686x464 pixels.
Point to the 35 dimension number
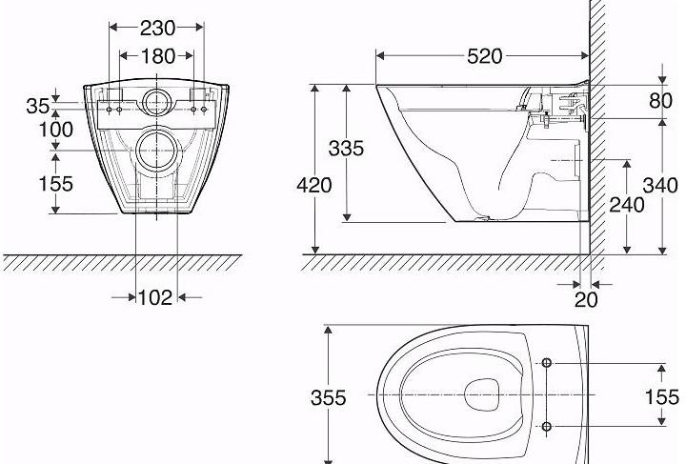38,106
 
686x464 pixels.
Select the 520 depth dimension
484,56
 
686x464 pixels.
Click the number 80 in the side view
660,100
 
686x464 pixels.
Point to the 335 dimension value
345,149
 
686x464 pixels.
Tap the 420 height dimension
313,185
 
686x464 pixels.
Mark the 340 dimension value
660,185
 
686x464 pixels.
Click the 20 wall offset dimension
587,300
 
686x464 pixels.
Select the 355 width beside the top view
329,397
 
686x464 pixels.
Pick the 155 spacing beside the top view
660,397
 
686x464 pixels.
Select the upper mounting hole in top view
547,364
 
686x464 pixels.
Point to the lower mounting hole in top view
547,426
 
